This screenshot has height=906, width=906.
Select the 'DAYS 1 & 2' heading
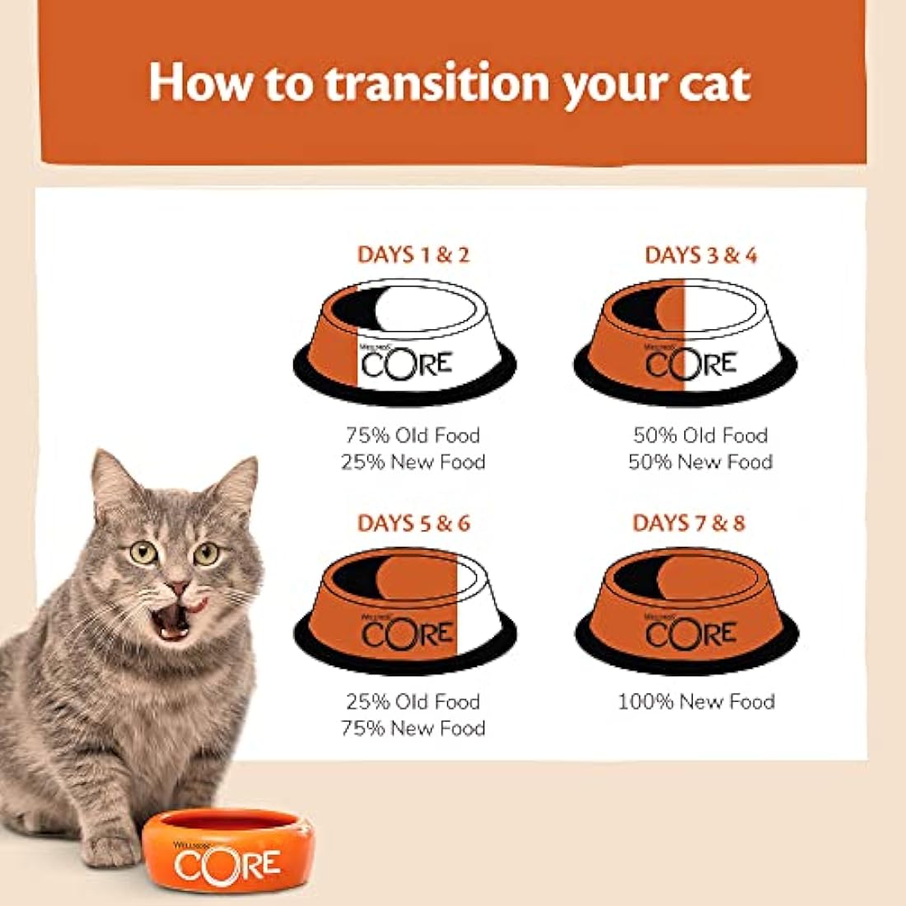pos(413,255)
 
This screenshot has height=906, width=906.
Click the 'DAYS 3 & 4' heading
pos(700,255)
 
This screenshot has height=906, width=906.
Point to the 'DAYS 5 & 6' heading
pos(413,523)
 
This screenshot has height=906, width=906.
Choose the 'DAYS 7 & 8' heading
pos(689,523)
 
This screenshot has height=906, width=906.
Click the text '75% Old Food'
pos(413,435)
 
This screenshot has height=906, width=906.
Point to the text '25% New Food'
pos(413,461)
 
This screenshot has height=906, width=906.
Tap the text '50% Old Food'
pos(700,435)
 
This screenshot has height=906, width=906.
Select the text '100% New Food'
pos(696,702)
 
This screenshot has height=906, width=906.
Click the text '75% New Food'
pos(413,728)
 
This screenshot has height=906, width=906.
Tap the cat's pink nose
pos(177,588)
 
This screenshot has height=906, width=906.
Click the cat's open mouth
pos(175,623)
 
